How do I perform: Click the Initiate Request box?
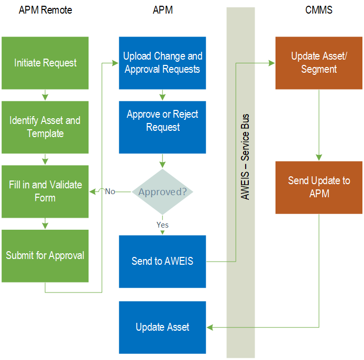[45, 63]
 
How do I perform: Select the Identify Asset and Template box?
[45, 127]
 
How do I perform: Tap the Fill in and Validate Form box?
[45, 192]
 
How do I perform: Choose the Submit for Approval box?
[45, 256]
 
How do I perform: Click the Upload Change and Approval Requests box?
[162, 63]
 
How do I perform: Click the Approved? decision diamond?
[162, 192]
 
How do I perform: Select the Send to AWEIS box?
[162, 261]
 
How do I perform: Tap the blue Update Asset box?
[162, 327]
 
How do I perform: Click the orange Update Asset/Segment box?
[318, 63]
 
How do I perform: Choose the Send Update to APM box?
[318, 187]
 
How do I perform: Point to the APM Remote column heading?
[45, 10]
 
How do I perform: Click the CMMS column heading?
[318, 10]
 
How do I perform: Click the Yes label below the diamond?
[162, 225]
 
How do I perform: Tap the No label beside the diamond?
[110, 192]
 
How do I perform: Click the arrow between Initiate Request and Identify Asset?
[45, 96]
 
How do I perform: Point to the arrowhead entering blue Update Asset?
[209, 327]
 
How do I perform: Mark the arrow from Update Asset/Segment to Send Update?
[318, 126]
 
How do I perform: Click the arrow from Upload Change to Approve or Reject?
[162, 95]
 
